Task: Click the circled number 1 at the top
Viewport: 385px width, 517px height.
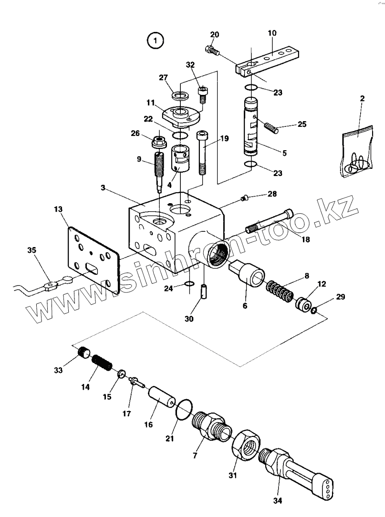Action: click(x=155, y=41)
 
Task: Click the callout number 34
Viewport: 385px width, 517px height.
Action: click(x=278, y=500)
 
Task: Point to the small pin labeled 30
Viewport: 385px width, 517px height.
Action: click(x=204, y=290)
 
